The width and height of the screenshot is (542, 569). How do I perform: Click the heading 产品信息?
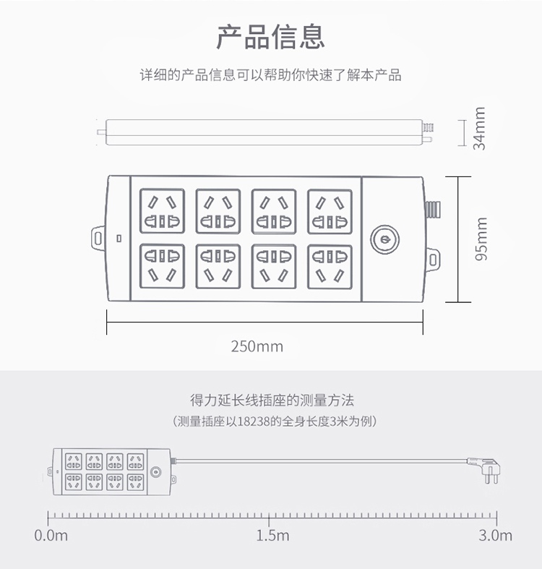point(271,35)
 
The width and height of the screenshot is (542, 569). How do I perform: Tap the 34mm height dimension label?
point(479,128)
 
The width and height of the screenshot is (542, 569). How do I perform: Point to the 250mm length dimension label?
point(257,346)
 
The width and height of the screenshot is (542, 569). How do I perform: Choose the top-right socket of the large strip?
point(330,211)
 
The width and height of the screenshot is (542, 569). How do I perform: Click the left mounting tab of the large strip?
point(98,236)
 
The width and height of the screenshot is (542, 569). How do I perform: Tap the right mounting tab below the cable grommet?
point(432,257)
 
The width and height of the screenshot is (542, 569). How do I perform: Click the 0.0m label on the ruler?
point(51,536)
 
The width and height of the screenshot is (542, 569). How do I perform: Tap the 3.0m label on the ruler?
point(495,536)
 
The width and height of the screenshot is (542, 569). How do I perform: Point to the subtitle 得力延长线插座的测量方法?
point(271,400)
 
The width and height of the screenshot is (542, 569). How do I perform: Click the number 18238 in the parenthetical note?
point(252,422)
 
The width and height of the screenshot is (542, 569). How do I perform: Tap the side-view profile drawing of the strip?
point(264,132)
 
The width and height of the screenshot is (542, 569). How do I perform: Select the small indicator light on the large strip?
point(119,237)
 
